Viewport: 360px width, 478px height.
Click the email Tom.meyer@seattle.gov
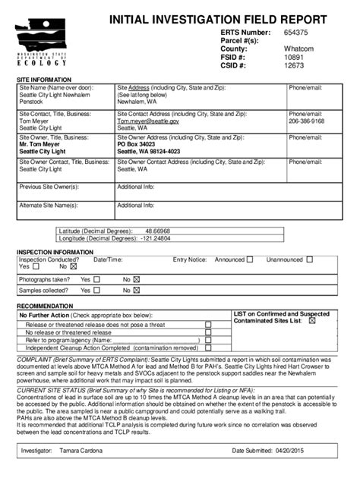(148, 121)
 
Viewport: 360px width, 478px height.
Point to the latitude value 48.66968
(158, 230)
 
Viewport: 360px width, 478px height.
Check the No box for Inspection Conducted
(74, 266)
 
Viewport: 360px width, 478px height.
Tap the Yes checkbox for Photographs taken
(97, 278)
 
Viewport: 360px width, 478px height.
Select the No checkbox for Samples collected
(137, 290)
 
